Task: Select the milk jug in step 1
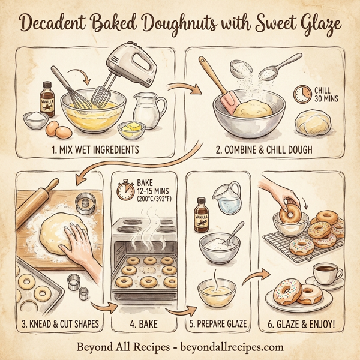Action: [146, 110]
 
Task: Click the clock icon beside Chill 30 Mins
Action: [302, 94]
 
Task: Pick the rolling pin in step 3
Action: [34, 195]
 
